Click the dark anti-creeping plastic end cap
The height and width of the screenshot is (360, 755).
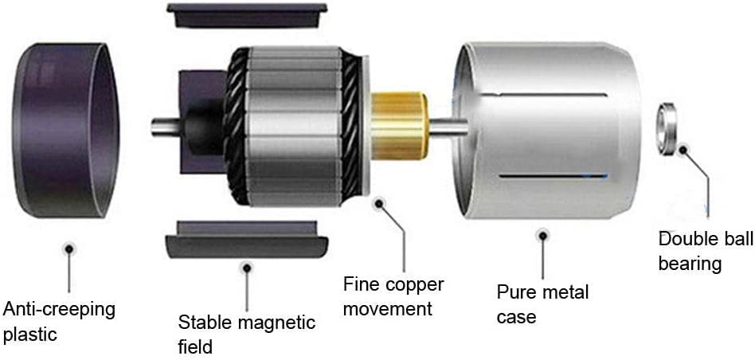click(x=68, y=131)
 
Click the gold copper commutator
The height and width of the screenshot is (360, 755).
click(x=402, y=123)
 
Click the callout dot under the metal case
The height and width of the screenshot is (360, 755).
click(x=543, y=235)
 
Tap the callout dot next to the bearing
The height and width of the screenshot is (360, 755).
click(x=683, y=148)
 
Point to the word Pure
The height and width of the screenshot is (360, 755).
click(x=516, y=292)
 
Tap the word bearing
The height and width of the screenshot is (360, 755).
click(x=690, y=264)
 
